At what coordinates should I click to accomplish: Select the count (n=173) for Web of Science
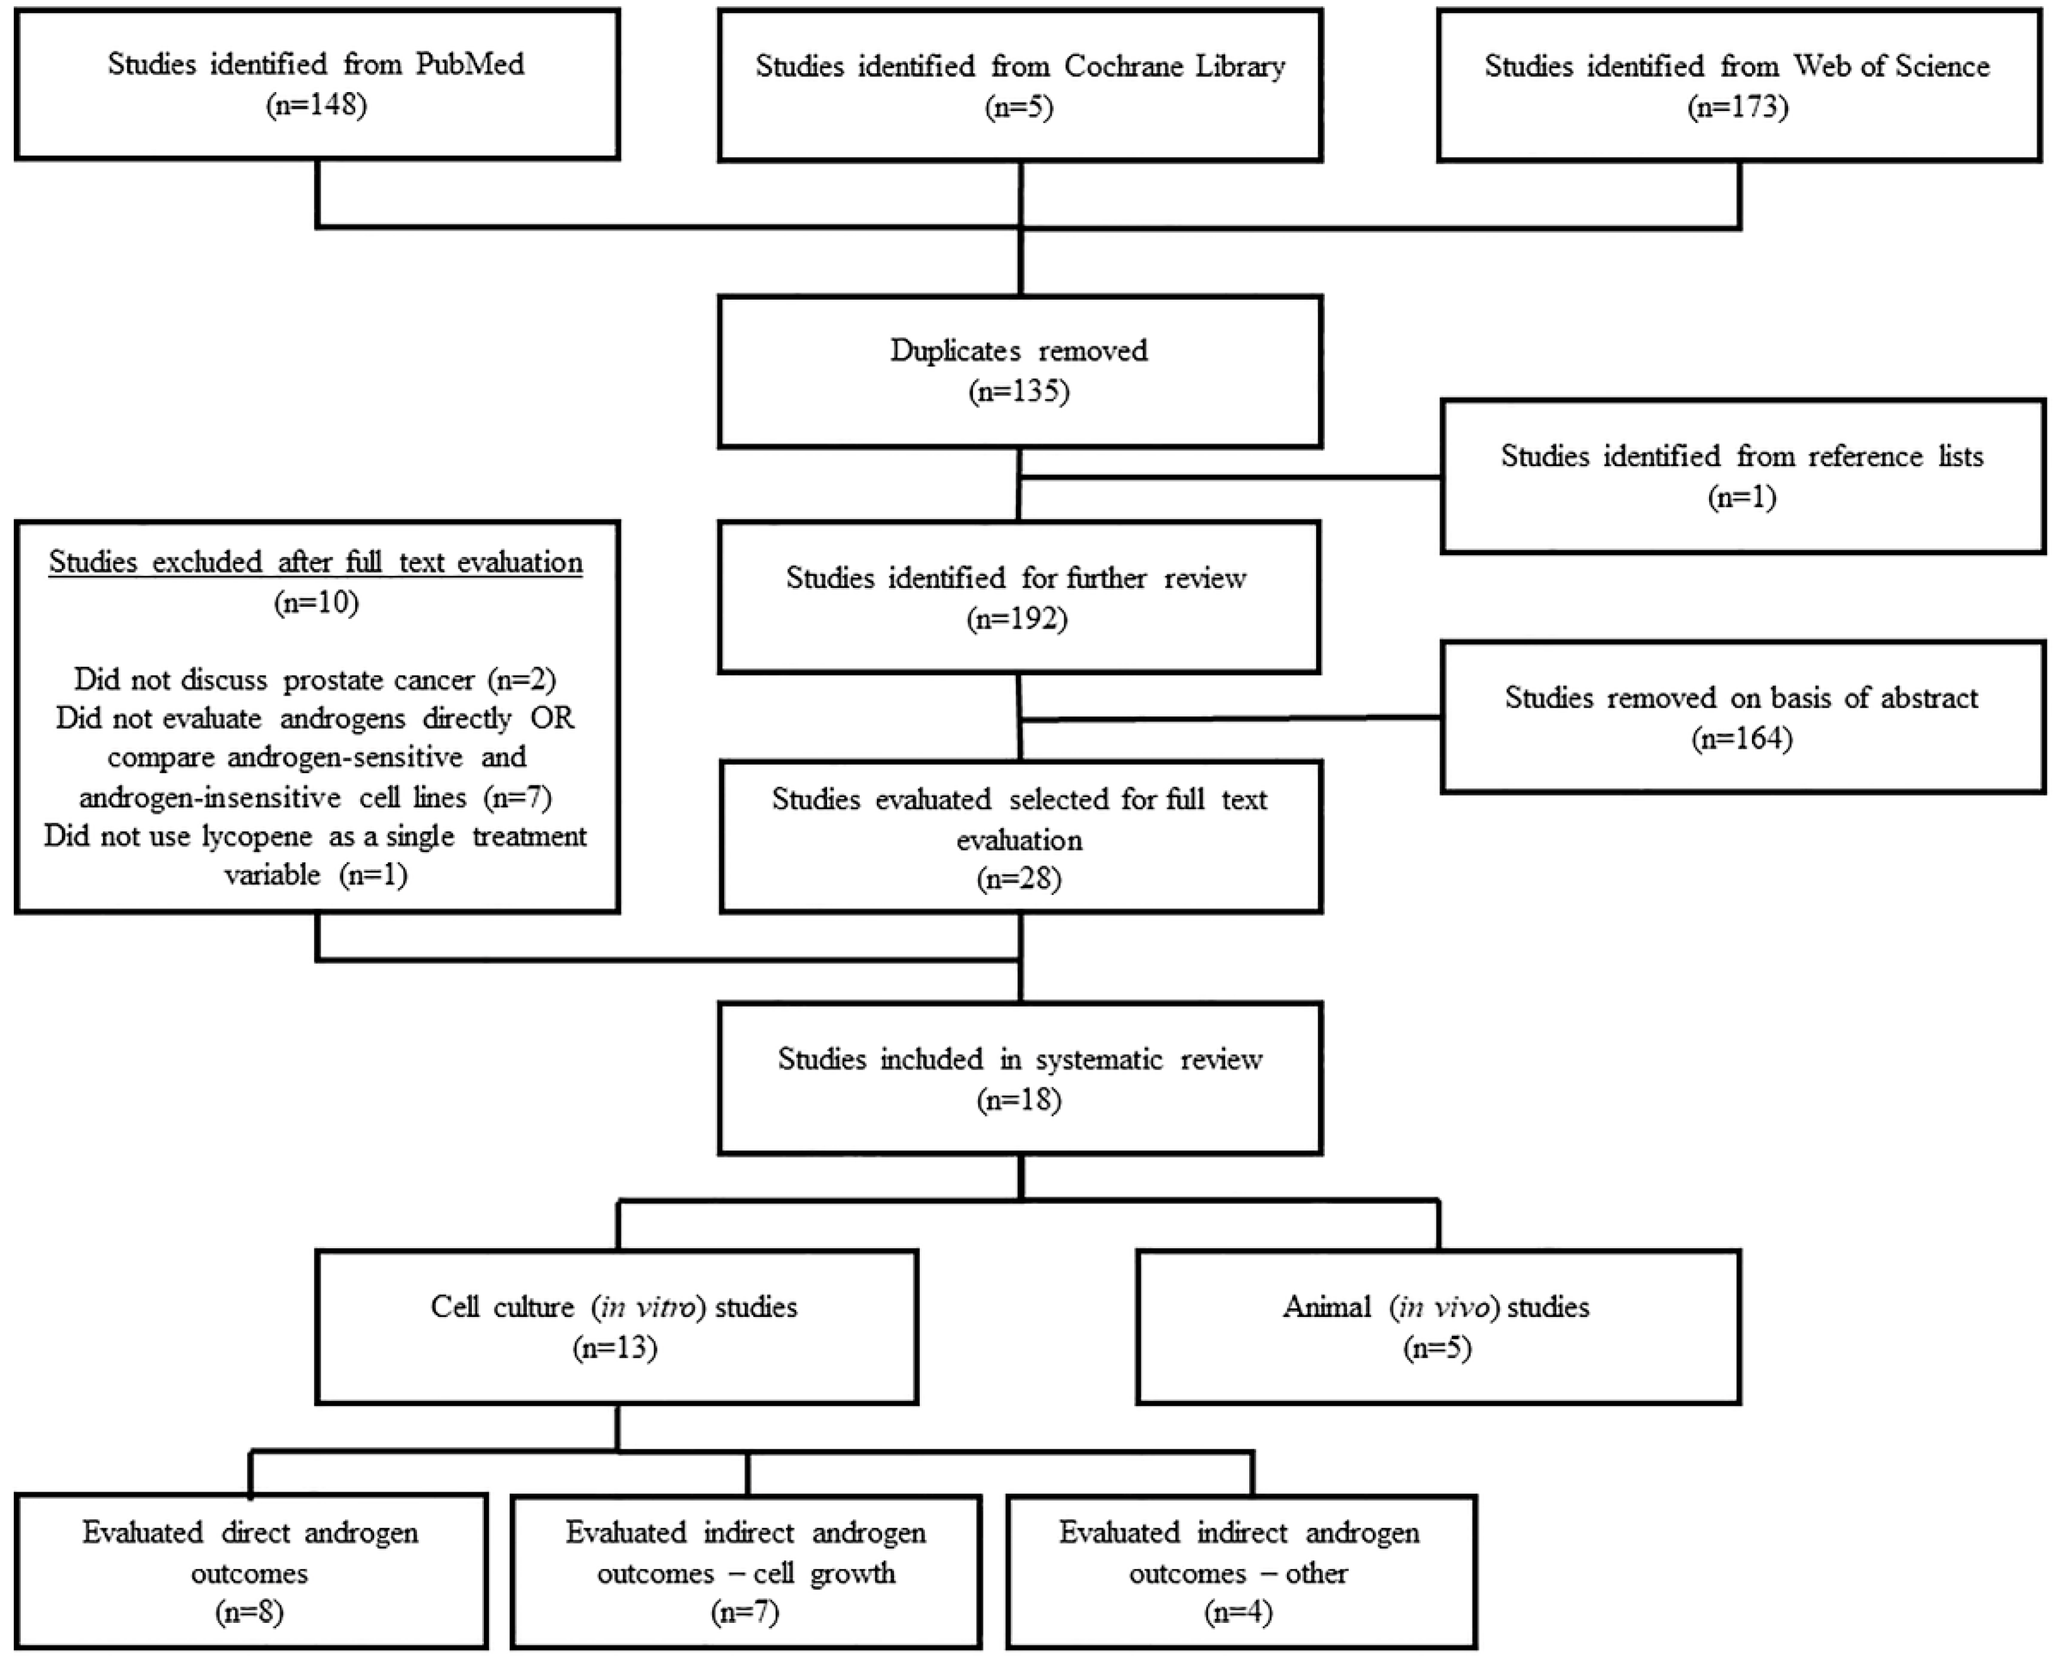[1737, 106]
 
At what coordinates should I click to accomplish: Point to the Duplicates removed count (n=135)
[1019, 392]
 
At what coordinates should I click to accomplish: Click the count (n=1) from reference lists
[1742, 497]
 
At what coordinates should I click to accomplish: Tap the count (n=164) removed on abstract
[1742, 738]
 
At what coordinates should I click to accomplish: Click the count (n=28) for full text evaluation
[1019, 879]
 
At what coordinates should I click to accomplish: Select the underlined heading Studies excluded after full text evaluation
[316, 562]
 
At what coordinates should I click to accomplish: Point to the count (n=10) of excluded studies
[316, 602]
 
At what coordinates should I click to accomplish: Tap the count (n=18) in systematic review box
[1019, 1100]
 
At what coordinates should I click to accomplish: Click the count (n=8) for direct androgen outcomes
[250, 1613]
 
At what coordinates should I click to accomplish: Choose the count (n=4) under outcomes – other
[1239, 1613]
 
